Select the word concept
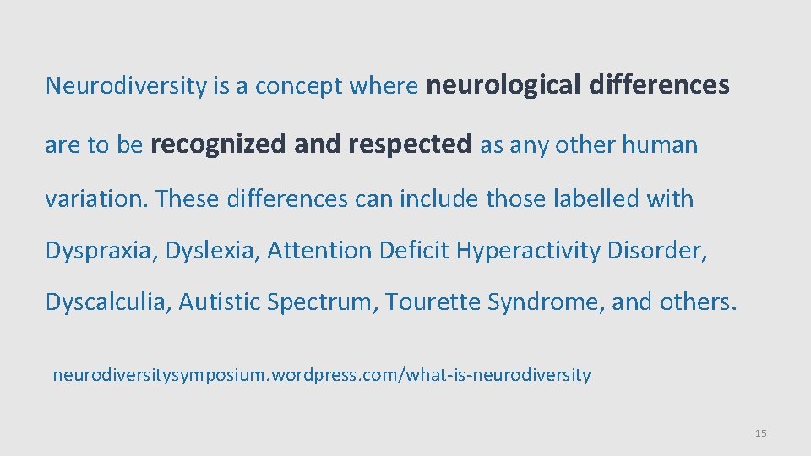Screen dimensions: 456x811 click(x=293, y=86)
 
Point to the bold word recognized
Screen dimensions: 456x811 click(x=218, y=144)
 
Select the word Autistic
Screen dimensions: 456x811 click(x=219, y=301)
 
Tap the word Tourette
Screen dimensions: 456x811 click(x=433, y=301)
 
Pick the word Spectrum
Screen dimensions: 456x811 click(x=319, y=301)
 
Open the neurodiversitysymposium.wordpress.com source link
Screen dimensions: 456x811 click(x=321, y=374)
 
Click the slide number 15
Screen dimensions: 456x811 click(x=760, y=433)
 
